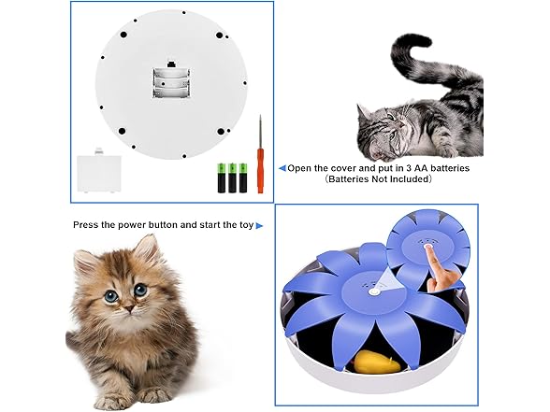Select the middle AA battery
[232, 178]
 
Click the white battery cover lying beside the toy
[99, 173]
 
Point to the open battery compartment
[171, 82]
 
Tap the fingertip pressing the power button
[428, 247]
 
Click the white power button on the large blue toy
[374, 291]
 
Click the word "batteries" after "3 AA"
[450, 168]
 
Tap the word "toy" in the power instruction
[246, 225]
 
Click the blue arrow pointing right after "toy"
[259, 226]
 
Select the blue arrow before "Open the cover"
[282, 168]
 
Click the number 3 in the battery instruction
[409, 168]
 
